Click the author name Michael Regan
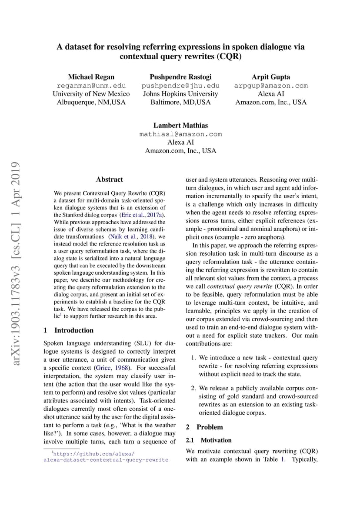[x=91, y=77]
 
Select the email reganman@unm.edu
[x=91, y=86]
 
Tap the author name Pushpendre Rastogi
[x=180, y=77]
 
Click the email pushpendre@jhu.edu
[x=180, y=86]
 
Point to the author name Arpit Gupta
[x=271, y=77]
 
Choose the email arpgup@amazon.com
[x=271, y=86]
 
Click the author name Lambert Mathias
[x=180, y=126]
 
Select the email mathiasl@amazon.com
[x=180, y=134]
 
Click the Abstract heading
[x=110, y=180]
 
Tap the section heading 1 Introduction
[x=69, y=330]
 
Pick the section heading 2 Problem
[x=204, y=427]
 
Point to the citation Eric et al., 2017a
[x=143, y=215]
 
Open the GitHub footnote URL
[x=106, y=456]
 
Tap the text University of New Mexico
[x=91, y=94]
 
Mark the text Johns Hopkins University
[x=180, y=94]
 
